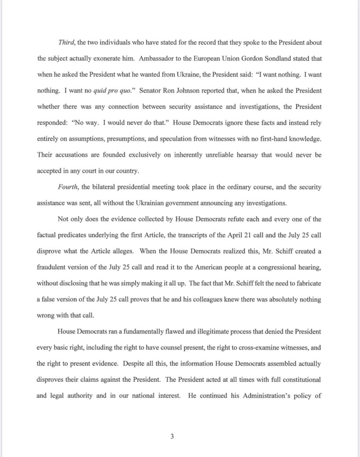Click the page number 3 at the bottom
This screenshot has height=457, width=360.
172,437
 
